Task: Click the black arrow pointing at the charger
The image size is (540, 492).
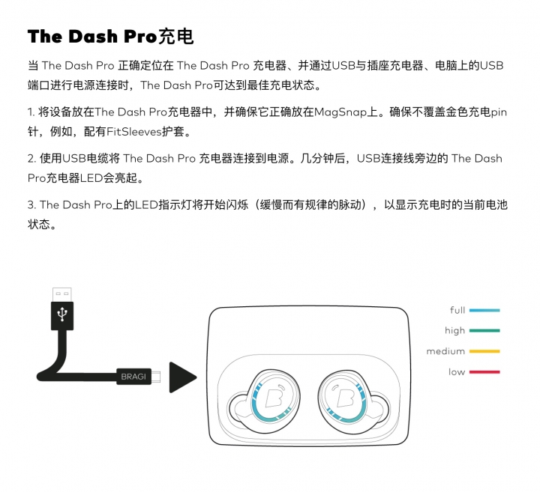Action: pos(181,377)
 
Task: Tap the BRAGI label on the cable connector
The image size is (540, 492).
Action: pos(133,377)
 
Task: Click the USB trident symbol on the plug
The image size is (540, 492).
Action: pos(62,314)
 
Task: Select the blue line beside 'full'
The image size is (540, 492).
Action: pos(484,310)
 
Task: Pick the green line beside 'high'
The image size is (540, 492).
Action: pos(484,331)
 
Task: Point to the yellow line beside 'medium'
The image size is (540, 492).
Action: pos(484,351)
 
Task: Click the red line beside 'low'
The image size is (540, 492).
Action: pos(484,372)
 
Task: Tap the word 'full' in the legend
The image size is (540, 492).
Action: pos(457,310)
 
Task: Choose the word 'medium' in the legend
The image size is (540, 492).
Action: pos(445,351)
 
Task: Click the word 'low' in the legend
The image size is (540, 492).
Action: pos(457,372)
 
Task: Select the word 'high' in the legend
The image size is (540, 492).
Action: pos(455,331)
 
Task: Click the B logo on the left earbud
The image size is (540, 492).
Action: pos(274,397)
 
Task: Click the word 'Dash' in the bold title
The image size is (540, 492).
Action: pos(93,37)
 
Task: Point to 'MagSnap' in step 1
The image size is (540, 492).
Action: pos(340,112)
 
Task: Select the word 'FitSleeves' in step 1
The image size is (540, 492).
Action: pos(134,132)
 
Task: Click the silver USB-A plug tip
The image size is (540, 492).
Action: pos(62,294)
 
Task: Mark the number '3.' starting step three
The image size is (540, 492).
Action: pos(31,205)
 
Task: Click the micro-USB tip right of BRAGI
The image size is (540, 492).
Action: pos(156,377)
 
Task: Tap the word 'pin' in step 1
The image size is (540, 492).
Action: pos(499,112)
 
